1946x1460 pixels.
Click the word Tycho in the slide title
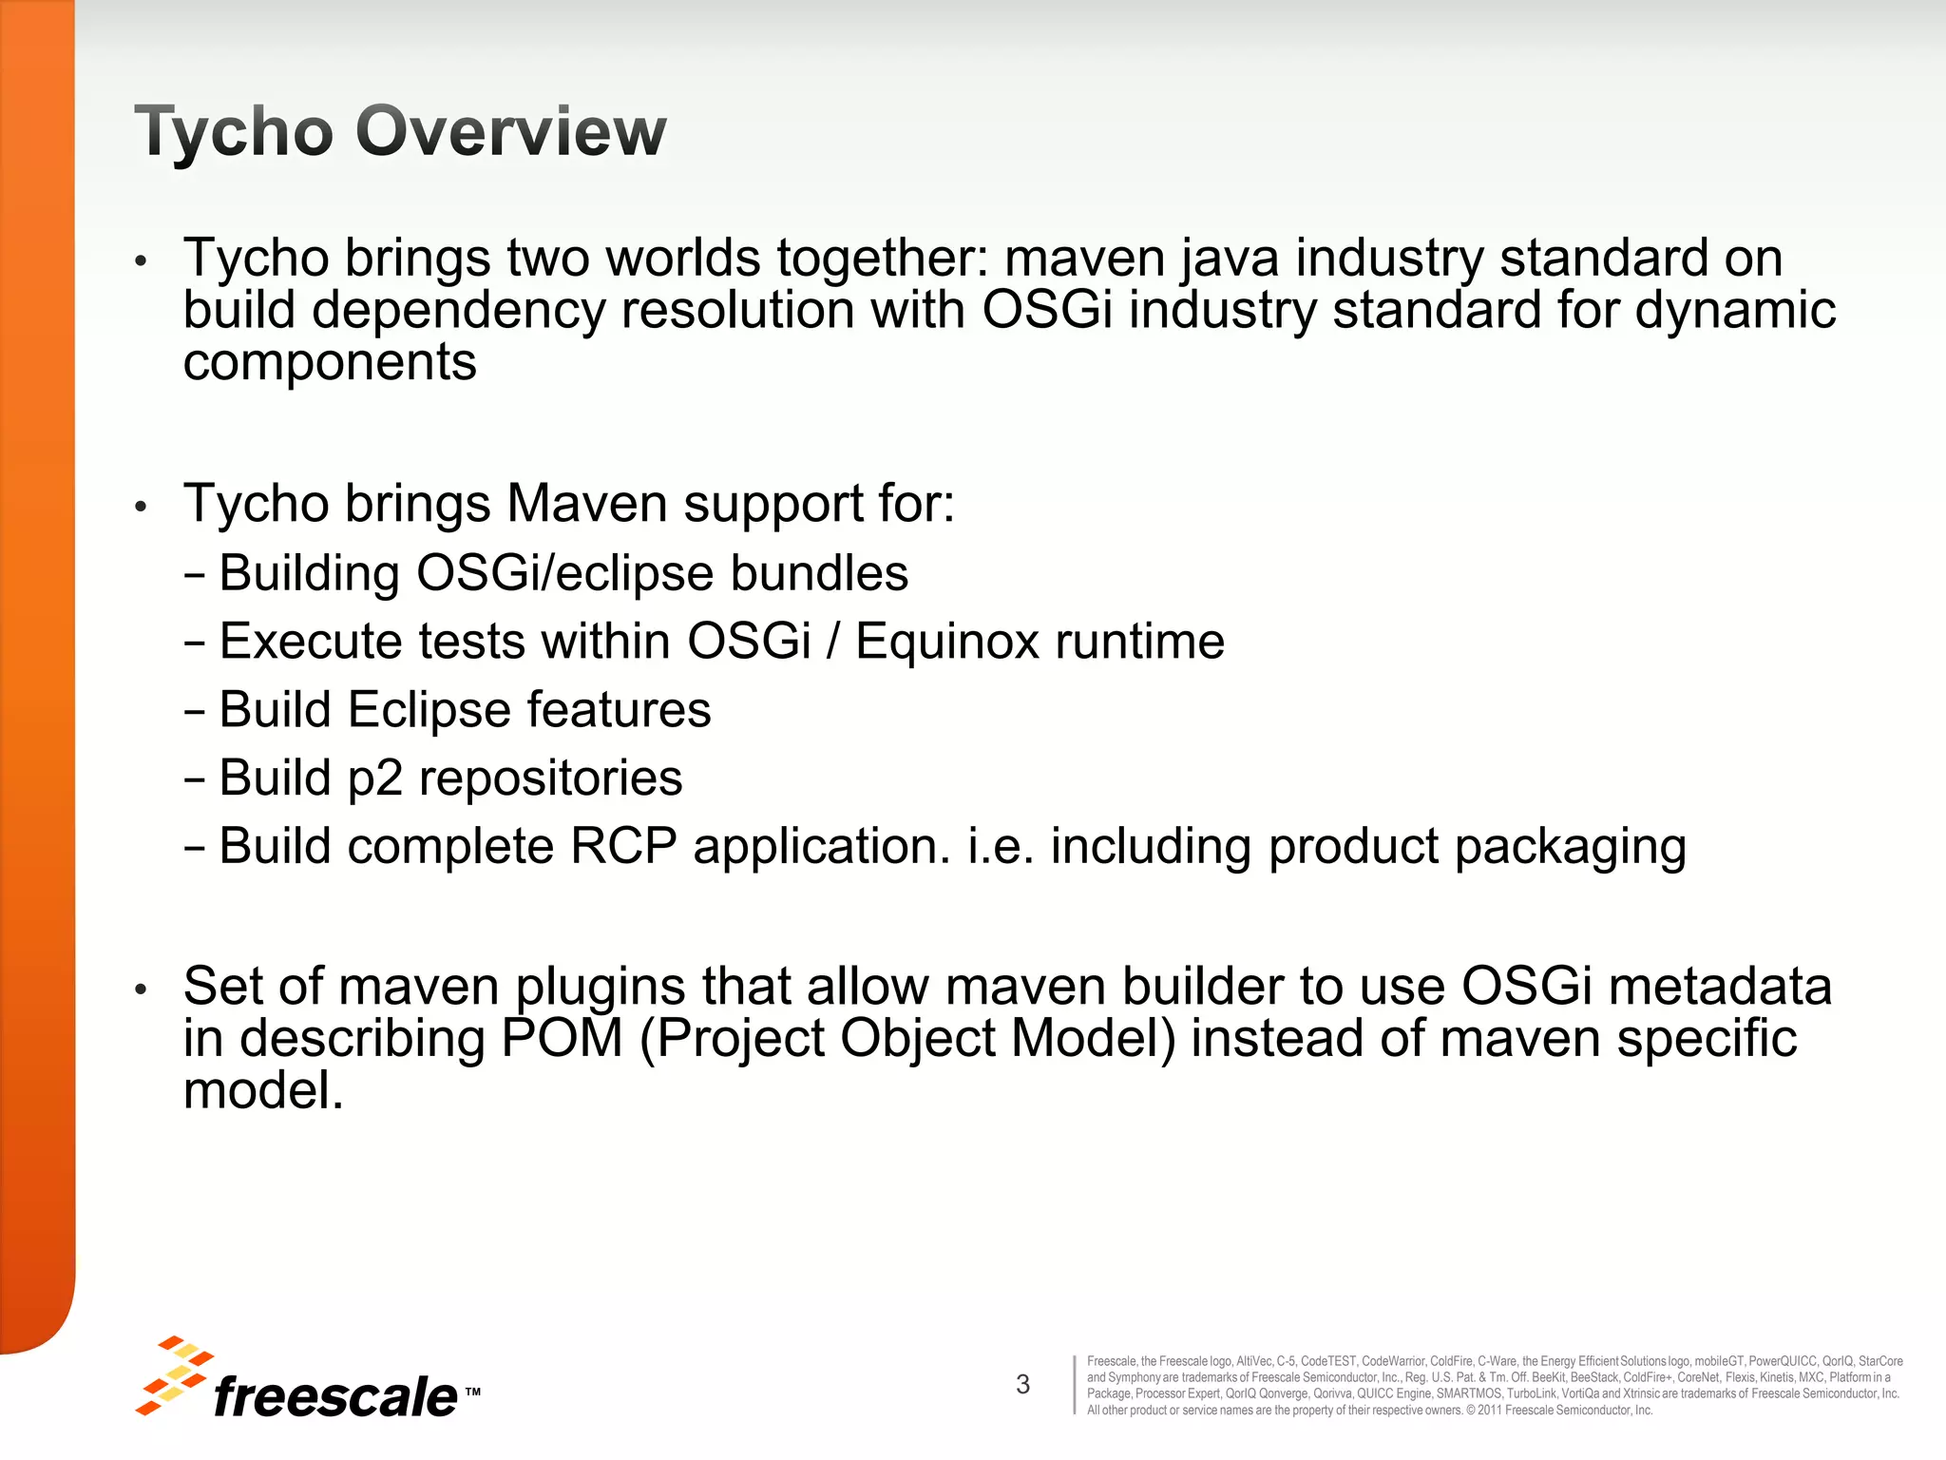(x=234, y=132)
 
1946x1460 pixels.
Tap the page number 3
(x=1022, y=1384)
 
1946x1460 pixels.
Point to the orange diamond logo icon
(x=173, y=1374)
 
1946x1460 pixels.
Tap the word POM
(x=562, y=1038)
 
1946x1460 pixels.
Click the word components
(x=330, y=363)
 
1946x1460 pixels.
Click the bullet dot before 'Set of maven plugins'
(x=141, y=989)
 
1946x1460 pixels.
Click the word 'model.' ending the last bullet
(x=263, y=1090)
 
